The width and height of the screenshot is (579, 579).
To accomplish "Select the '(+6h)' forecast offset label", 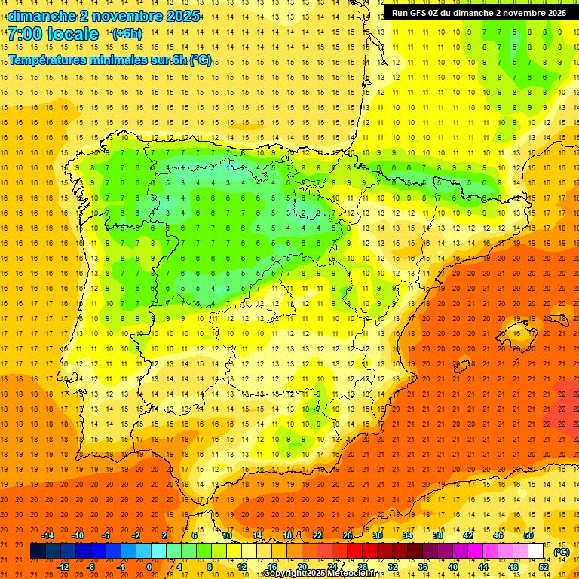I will [x=126, y=33].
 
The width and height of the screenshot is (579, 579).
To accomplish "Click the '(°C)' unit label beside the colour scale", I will [x=562, y=552].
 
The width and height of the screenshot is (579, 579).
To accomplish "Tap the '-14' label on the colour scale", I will [x=48, y=535].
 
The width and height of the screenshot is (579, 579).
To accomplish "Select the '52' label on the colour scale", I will [x=544, y=567].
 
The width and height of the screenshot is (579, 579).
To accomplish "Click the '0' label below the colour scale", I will [x=149, y=567].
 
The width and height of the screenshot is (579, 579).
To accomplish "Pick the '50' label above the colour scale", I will [x=528, y=535].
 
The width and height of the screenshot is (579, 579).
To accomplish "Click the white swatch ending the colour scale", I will [x=536, y=551].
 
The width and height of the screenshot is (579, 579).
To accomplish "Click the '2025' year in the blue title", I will [x=182, y=16].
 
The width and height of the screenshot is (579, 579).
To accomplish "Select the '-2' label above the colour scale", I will [x=136, y=535].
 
